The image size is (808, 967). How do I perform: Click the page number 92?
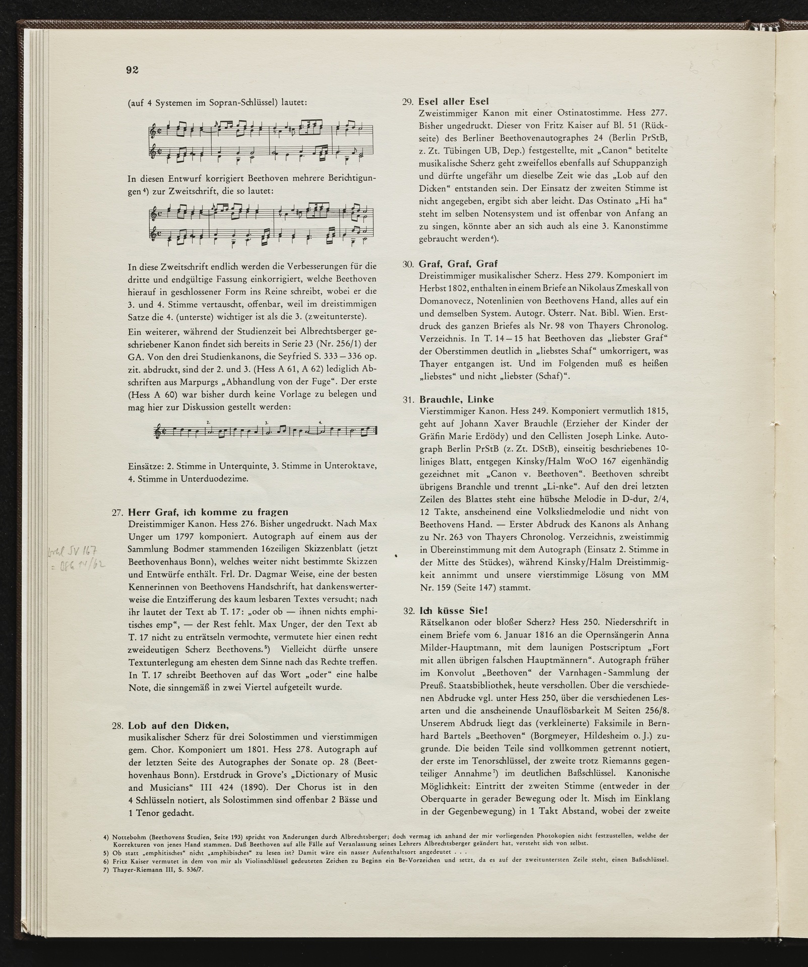pos(132,70)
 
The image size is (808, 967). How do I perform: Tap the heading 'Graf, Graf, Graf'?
pos(458,263)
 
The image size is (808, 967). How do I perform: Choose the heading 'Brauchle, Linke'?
pos(456,399)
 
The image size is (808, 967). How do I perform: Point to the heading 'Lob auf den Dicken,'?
pos(179,726)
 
